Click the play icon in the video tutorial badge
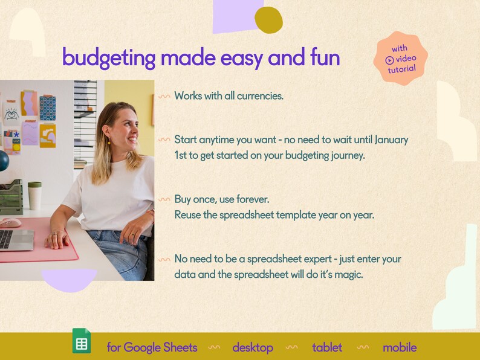pos(390,59)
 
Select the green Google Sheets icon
pos(82,341)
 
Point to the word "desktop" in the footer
pos(253,347)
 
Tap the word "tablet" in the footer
pos(327,347)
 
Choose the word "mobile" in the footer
pos(400,347)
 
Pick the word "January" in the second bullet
pos(391,140)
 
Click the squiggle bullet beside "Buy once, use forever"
pos(164,199)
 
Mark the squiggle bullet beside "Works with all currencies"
pos(164,95)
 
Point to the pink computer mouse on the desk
pos(10,223)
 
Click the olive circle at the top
pos(268,20)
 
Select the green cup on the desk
pos(34,194)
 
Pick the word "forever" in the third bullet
pos(263,199)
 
